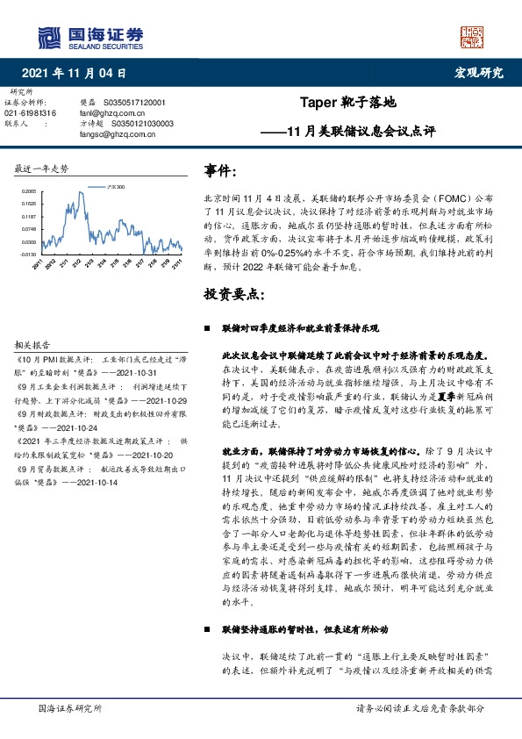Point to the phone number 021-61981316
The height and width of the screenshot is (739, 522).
[x=31, y=113]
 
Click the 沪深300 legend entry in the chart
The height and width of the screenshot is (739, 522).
[x=115, y=187]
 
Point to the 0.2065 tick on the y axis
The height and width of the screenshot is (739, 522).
[x=29, y=190]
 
